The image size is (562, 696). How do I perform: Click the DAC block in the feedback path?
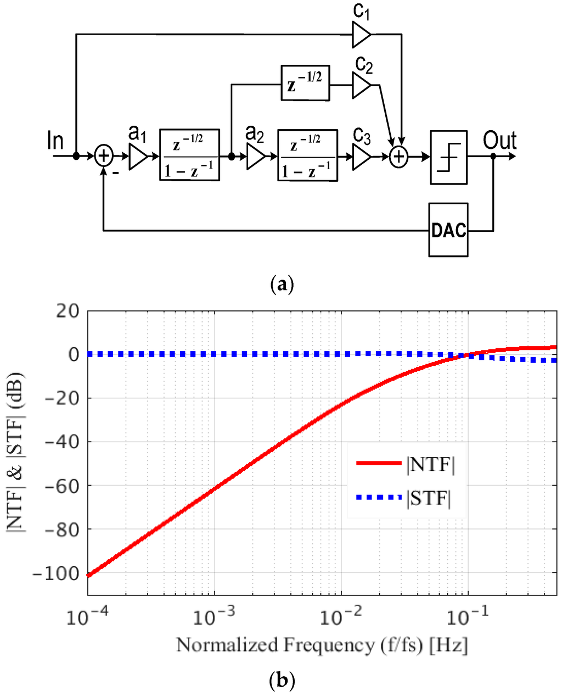point(448,230)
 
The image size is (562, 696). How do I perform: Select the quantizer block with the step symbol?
point(448,157)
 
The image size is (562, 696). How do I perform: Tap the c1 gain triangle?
point(361,35)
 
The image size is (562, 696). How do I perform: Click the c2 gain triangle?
point(361,85)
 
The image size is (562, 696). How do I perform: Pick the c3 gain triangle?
point(361,157)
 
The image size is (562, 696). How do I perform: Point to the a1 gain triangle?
point(137,157)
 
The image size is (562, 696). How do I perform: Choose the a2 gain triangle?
point(255,157)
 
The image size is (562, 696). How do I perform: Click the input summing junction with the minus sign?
point(103,157)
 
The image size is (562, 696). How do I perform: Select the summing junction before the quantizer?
point(399,157)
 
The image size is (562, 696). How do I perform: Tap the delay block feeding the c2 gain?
point(305,83)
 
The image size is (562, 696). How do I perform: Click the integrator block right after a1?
point(189,155)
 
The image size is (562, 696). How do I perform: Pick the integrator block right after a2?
point(307,155)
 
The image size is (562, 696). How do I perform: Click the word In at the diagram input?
point(55,141)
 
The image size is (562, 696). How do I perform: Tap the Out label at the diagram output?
point(499,141)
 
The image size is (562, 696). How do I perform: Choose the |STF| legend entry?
point(406,498)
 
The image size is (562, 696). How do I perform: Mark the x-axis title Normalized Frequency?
point(322,644)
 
